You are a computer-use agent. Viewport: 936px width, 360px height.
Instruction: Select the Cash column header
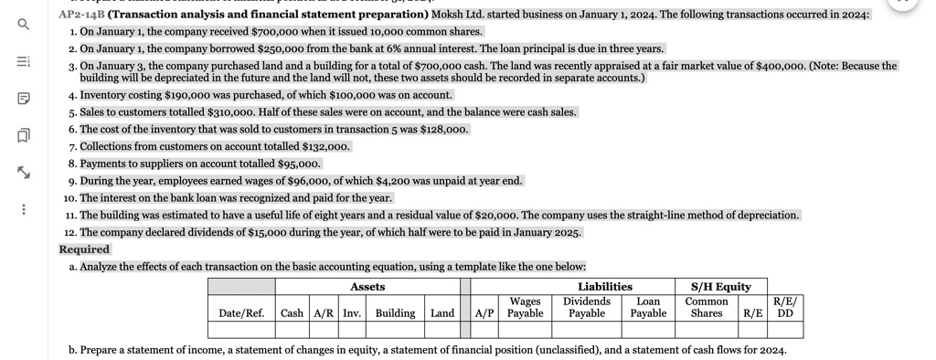[x=292, y=313]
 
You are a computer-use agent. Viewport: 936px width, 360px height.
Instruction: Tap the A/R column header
[x=324, y=313]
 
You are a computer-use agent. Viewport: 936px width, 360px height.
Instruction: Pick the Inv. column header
[x=351, y=313]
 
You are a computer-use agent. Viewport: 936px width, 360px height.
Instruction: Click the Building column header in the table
[x=395, y=313]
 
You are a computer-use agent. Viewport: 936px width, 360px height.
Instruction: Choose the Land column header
[x=442, y=313]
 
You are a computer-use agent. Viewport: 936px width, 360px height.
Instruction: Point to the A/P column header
[x=484, y=313]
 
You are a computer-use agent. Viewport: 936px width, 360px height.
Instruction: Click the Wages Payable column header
[x=525, y=307]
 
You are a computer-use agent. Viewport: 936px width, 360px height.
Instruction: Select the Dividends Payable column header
[x=586, y=307]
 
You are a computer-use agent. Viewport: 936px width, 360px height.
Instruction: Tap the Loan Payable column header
[x=648, y=307]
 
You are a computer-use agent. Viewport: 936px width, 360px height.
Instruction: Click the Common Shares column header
[x=707, y=307]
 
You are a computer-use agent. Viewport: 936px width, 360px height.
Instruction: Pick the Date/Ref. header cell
[x=241, y=313]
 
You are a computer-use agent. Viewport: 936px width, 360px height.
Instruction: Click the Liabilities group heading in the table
[x=604, y=287]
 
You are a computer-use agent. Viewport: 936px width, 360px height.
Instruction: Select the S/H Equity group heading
[x=720, y=287]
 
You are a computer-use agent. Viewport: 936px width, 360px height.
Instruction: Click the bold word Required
[x=84, y=249]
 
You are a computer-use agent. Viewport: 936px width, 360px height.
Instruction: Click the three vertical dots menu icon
[x=24, y=210]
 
